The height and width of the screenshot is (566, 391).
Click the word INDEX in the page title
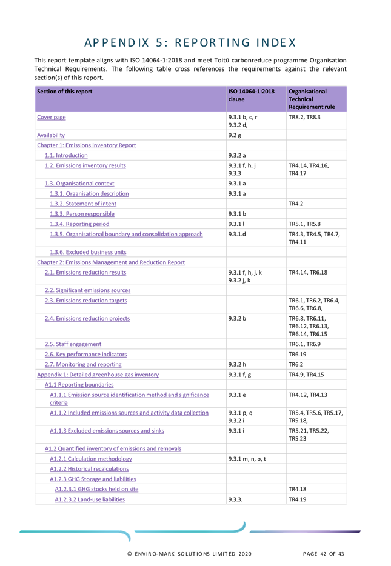click(275, 42)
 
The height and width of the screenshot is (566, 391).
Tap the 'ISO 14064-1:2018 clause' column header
click(252, 95)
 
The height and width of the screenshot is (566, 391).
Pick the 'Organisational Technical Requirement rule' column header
click(307, 99)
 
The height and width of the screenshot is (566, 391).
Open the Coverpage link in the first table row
click(52, 117)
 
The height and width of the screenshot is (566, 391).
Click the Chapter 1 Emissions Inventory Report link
click(86, 145)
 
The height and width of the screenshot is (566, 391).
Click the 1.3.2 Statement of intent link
click(83, 204)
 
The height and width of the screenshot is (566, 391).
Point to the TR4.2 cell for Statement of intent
click(296, 204)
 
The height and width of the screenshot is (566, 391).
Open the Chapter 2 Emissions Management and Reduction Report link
click(110, 262)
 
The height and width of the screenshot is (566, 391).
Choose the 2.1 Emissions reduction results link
click(85, 273)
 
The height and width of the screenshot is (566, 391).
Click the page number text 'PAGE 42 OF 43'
click(323, 554)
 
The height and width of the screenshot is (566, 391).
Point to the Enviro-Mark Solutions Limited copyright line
click(189, 554)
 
